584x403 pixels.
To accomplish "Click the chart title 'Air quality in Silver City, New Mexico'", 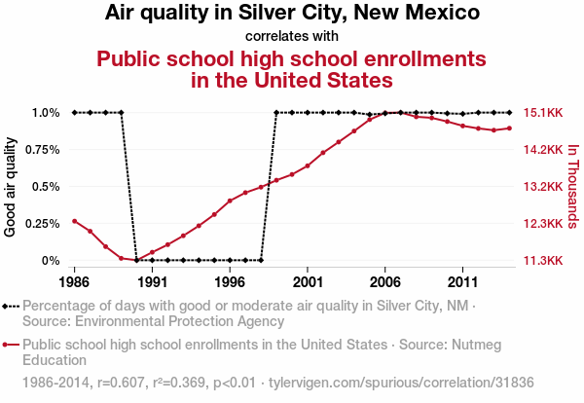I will (x=292, y=14).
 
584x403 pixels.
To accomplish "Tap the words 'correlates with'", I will (x=292, y=36).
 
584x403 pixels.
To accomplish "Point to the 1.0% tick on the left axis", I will (x=45, y=112).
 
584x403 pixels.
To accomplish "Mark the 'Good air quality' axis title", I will (x=11, y=186).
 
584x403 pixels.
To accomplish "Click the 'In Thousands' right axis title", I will (x=573, y=186).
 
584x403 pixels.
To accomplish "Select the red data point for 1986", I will (x=74, y=221).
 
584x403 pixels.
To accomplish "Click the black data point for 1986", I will (x=74, y=112).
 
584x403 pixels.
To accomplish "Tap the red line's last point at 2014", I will (x=510, y=128).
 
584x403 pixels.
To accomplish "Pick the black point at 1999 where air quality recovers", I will (x=276, y=112).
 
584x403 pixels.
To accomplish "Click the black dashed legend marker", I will (x=11, y=306).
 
